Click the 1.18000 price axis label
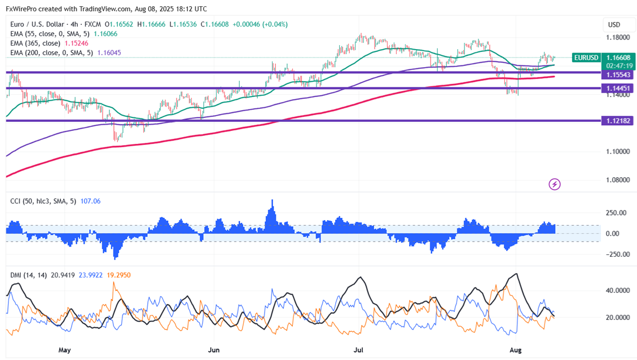click(x=618, y=37)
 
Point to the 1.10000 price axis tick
click(x=618, y=151)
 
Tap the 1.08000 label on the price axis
click(x=618, y=180)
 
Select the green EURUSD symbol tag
click(x=586, y=58)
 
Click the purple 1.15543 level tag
click(x=618, y=75)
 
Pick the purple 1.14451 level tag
click(x=618, y=88)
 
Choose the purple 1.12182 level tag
click(x=618, y=121)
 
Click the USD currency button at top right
click(x=614, y=25)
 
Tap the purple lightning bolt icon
click(x=555, y=184)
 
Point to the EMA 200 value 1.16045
click(x=109, y=52)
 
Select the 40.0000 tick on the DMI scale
click(x=617, y=291)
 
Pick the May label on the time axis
click(x=65, y=350)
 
